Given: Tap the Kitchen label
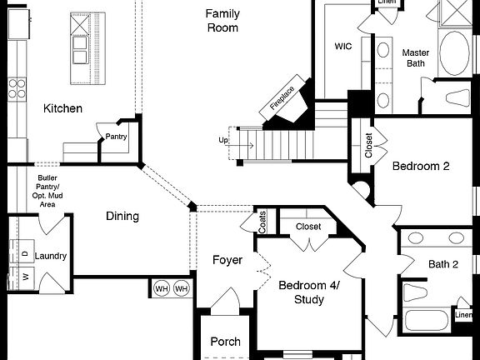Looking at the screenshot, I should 62,108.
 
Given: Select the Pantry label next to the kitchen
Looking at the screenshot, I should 116,137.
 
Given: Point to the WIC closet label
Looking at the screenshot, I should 343,47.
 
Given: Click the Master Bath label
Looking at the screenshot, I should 416,58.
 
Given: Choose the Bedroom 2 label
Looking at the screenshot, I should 421,166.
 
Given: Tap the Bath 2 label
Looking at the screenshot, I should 443,264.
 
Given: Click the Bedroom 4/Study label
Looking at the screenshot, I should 308,292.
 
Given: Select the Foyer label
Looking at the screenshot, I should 227,260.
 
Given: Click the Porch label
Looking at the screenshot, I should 225,342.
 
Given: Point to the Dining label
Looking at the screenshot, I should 122,217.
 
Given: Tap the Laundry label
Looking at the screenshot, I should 51,257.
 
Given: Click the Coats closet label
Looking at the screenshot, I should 262,221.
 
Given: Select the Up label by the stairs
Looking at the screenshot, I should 223,140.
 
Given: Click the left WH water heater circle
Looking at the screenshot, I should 162,288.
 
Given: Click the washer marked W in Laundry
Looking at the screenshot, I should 25,275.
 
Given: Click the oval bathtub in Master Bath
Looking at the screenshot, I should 453,53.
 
